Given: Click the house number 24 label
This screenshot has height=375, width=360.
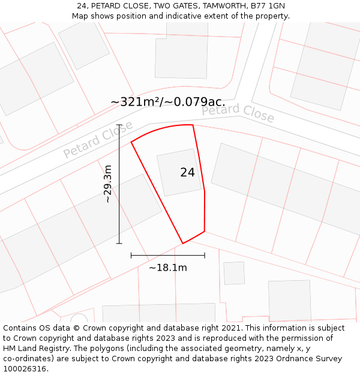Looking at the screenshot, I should [x=187, y=172].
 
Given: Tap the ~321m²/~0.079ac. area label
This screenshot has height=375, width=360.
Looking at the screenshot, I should [x=168, y=102].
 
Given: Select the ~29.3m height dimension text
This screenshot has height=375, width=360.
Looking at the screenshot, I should [x=107, y=184].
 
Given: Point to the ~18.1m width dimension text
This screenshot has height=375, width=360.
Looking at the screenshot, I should [x=168, y=268].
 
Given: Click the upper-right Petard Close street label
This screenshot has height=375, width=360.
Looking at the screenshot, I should [x=238, y=112].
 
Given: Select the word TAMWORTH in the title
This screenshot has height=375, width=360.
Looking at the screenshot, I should [x=222, y=6].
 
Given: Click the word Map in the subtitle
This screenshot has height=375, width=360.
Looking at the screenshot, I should [x=81, y=16].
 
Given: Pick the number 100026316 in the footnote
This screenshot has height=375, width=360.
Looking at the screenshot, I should [x=25, y=369].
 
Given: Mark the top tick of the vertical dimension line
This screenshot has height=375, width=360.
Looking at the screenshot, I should [x=119, y=125].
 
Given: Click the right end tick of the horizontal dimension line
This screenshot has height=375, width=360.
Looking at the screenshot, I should [x=205, y=255].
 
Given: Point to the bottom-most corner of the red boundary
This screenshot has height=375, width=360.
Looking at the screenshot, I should [x=183, y=243].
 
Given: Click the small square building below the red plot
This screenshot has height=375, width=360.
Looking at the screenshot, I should [x=234, y=273].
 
